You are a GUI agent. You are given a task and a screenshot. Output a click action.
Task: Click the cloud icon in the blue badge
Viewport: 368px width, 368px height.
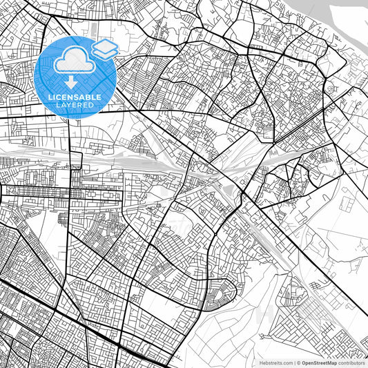72,61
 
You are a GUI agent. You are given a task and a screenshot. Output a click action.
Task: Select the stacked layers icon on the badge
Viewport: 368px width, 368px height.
105,49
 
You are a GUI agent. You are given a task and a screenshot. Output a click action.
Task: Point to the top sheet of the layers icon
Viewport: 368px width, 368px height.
105,45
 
